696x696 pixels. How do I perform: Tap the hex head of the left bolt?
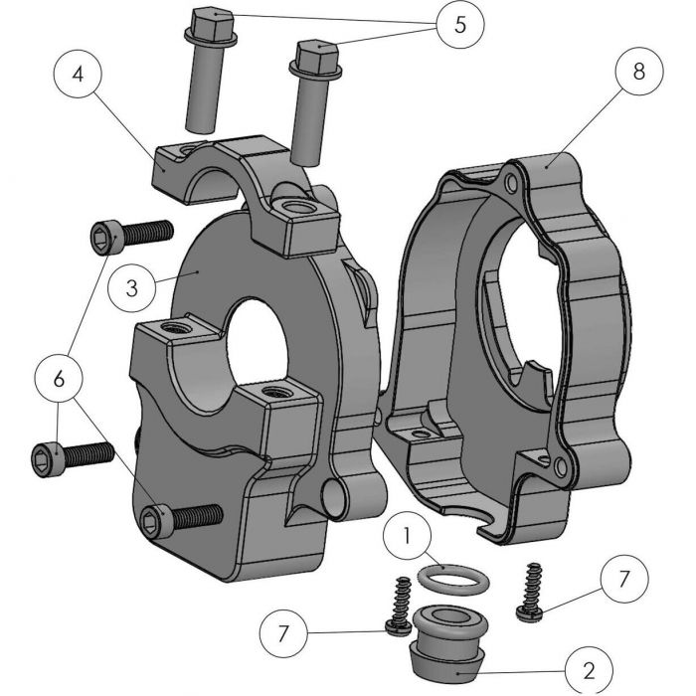pos(211,24)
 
